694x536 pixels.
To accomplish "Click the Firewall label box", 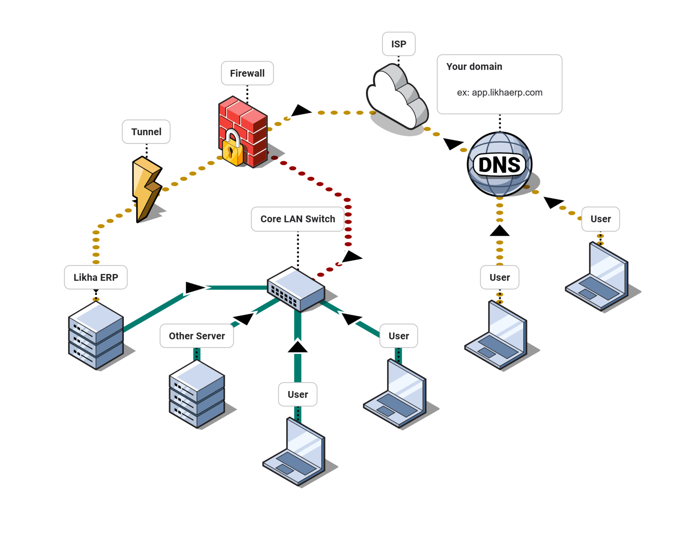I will [247, 73].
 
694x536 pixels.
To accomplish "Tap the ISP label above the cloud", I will [398, 44].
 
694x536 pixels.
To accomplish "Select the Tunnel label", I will [146, 132].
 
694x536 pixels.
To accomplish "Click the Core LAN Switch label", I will [297, 219].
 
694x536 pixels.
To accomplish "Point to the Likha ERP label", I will [96, 277].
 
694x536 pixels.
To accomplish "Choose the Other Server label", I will [197, 336].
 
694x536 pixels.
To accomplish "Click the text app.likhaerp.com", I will [507, 92].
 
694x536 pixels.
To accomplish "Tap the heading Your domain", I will [474, 67].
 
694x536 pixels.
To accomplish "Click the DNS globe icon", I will [500, 164].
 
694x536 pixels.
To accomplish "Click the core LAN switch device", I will [296, 289].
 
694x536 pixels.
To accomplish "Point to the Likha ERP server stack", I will [96, 335].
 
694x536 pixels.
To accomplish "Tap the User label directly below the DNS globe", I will [500, 277].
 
